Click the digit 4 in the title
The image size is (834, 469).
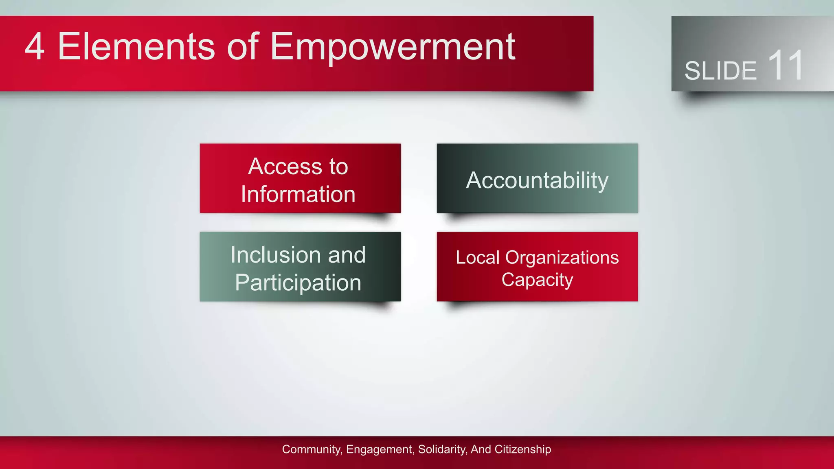pos(35,47)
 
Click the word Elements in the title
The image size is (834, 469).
pos(136,47)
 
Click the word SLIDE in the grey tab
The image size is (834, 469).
pos(720,71)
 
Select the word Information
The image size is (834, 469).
pos(298,194)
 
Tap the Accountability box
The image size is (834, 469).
pos(537,180)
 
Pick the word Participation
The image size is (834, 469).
pos(298,283)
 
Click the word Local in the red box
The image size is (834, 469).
pos(477,258)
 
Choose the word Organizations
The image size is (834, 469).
pos(562,258)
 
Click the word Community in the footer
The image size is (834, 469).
pos(312,449)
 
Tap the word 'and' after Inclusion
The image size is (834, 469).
pos(347,255)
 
